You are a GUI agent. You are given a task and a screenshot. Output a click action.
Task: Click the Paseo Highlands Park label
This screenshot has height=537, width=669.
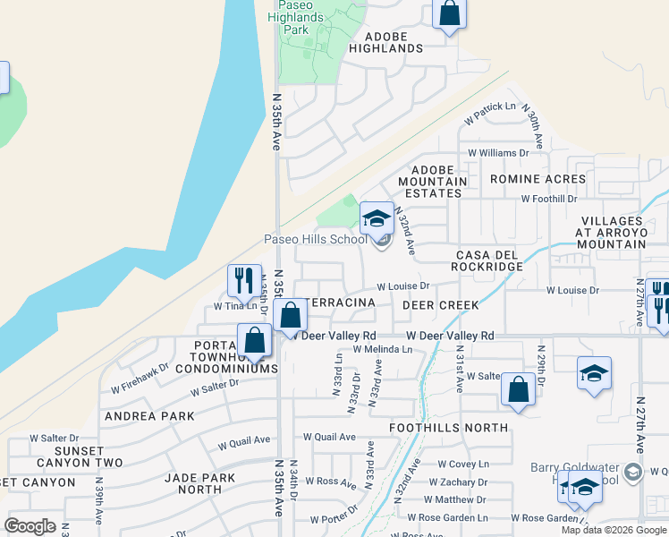point(296,16)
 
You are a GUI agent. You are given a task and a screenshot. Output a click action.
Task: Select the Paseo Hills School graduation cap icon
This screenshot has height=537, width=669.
point(377,217)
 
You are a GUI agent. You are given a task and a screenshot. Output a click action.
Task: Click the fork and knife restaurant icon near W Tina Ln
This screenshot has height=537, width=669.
point(243,280)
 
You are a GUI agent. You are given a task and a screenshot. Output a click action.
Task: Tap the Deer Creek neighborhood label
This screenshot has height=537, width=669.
point(440,305)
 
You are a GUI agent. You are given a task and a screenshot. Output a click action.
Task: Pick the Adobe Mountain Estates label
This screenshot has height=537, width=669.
point(438,181)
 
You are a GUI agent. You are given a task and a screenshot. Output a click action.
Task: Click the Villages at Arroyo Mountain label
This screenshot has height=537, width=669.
point(624,232)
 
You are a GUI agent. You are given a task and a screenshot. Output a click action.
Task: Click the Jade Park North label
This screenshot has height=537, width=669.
point(199,483)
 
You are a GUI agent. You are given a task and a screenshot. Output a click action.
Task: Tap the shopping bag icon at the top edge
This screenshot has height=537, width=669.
point(449,14)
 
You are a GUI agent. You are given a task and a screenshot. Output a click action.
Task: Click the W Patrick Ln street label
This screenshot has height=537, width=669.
point(490,114)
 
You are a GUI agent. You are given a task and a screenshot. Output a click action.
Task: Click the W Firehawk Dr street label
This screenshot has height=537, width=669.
point(140,378)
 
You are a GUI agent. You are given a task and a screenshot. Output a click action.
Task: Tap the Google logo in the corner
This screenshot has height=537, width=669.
point(30,526)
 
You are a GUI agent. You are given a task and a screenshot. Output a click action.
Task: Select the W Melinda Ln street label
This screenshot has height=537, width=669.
point(382,349)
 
